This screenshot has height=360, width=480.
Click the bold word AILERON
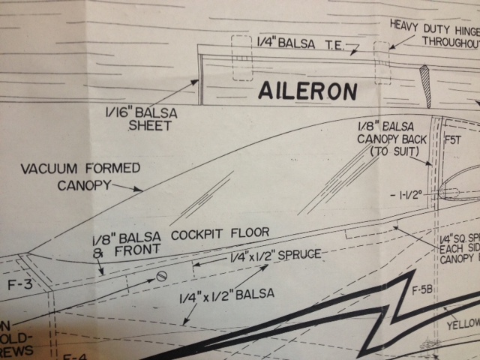pos(307,91)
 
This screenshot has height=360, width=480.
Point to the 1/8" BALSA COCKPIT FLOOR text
pos(176,235)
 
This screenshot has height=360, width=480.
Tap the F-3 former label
pos(15,284)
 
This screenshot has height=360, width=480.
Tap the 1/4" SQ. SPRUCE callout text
pos(455,246)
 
